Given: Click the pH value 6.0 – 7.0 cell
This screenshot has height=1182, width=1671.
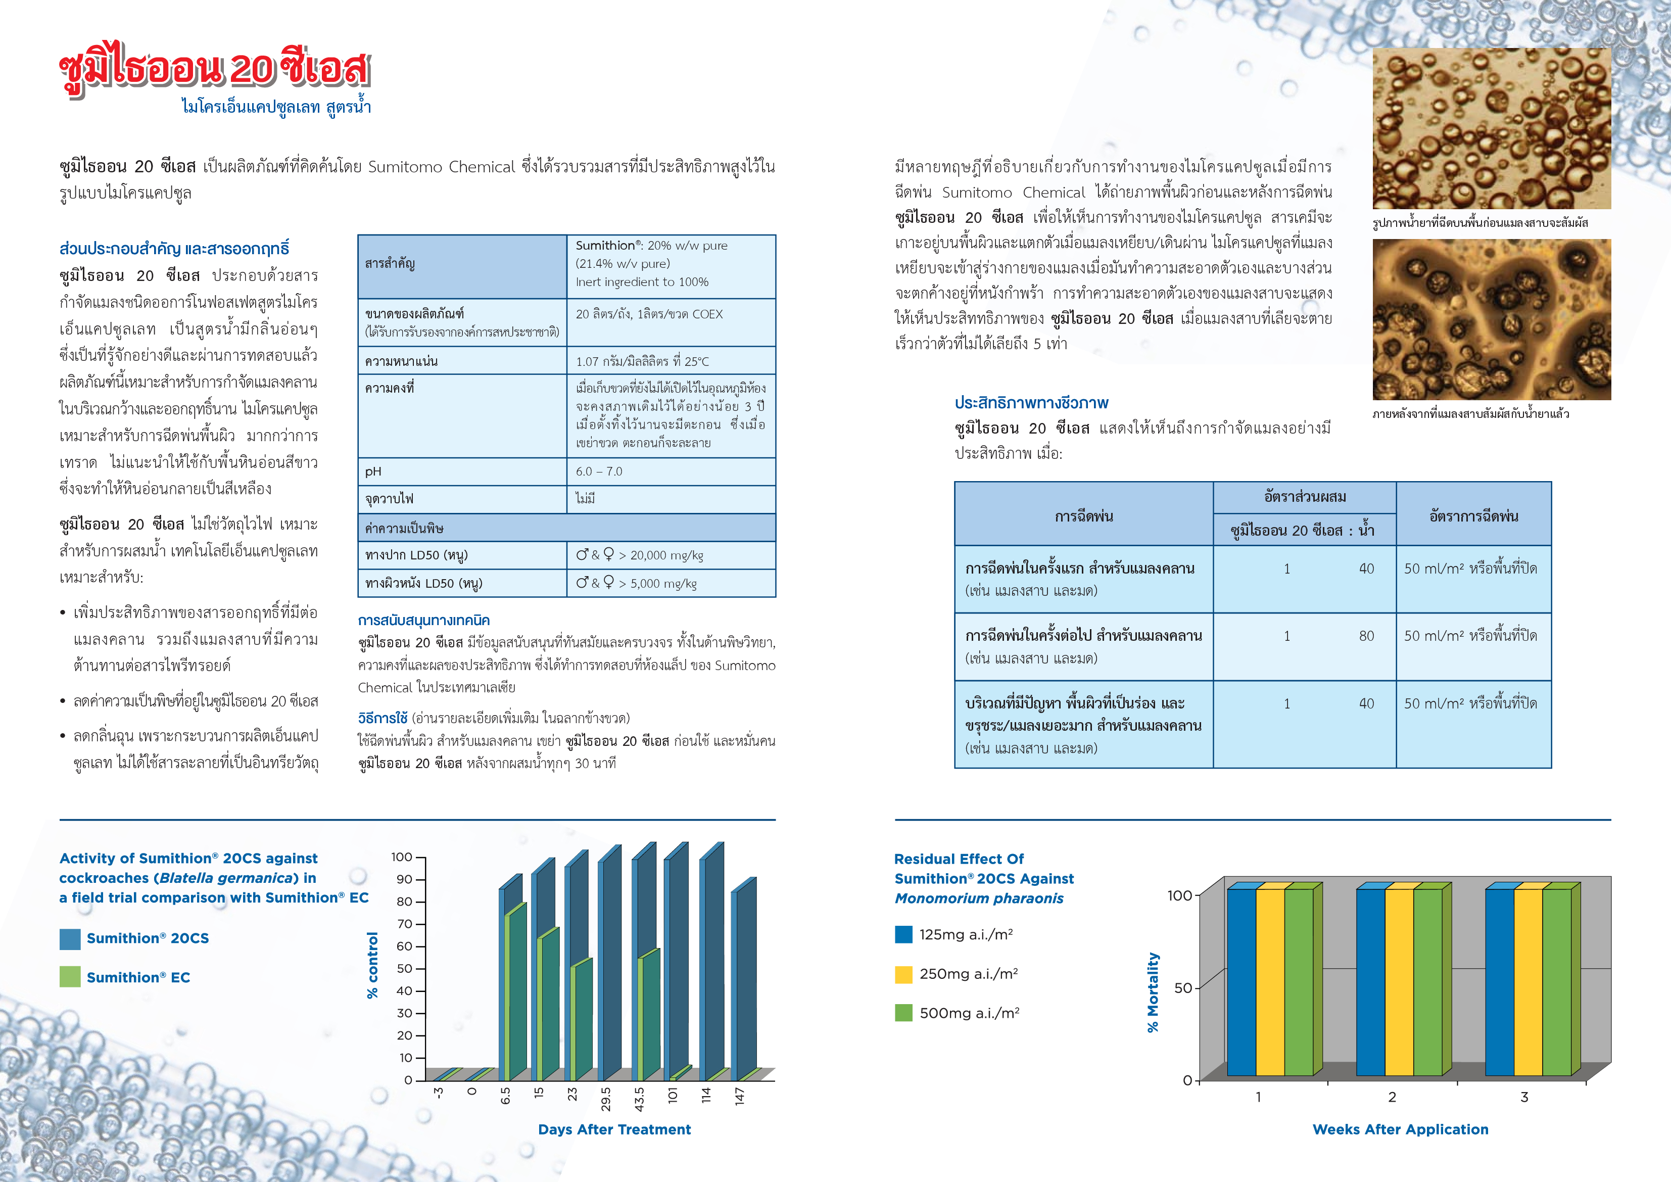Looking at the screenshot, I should [599, 471].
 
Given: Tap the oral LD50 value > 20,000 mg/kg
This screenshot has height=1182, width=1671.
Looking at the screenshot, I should [640, 555].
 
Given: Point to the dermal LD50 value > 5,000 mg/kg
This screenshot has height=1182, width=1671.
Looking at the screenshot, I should [636, 583].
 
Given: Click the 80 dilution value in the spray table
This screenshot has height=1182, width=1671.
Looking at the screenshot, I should [1366, 636].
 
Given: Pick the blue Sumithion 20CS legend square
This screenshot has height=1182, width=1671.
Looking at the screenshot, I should [70, 939].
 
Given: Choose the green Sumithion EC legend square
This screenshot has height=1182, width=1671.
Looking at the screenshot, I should [70, 977].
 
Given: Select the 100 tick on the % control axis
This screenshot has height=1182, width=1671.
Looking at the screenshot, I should [402, 858].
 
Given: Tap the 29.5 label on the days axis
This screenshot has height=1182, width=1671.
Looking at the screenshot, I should [605, 1099].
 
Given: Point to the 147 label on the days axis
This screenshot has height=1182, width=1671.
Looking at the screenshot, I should [739, 1097].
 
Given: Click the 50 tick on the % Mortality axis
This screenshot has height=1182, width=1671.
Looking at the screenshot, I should [1183, 987].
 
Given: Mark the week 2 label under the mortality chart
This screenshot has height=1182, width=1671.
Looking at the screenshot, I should [1392, 1097].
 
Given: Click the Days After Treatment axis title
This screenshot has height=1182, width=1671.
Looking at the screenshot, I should [614, 1129].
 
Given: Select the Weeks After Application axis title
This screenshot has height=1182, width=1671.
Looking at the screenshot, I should [1400, 1129].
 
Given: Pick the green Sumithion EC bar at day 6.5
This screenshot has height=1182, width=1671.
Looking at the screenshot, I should [515, 994].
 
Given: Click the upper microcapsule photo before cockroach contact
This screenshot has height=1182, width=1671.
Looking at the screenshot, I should [1491, 129].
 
